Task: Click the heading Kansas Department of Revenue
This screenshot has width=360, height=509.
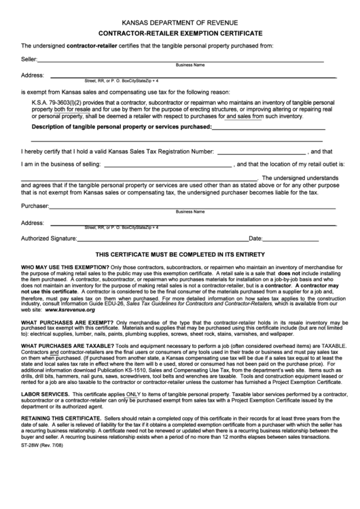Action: click(180, 21)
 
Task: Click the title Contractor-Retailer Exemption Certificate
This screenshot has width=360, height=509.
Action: click(180, 33)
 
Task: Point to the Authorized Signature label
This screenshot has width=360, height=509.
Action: click(49, 239)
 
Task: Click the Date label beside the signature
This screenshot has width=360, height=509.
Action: click(256, 239)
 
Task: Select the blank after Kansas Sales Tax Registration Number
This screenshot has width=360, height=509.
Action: click(262, 152)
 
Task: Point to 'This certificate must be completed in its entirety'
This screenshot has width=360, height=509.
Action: click(180, 255)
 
